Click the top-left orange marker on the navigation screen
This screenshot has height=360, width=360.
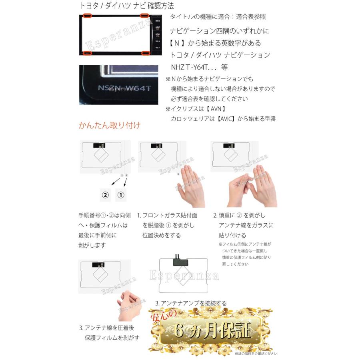coord(87,16)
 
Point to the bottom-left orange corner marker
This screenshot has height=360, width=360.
coord(87,53)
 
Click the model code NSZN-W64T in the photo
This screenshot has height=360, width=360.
coord(124,88)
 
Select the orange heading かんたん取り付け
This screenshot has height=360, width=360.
coord(110,126)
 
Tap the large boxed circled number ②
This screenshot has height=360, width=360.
coord(105,195)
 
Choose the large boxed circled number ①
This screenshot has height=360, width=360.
coord(121,195)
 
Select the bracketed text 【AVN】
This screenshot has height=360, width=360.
coord(219,108)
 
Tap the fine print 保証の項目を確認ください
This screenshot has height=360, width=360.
coord(256,354)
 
